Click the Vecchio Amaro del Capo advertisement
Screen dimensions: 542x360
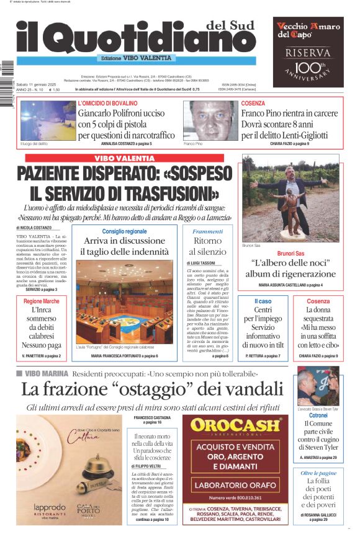(x=308, y=51)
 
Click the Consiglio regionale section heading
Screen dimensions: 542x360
(x=124, y=231)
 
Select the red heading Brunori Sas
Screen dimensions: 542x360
(x=290, y=254)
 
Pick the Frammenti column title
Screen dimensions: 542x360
(x=207, y=231)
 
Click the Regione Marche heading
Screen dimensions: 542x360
(x=42, y=301)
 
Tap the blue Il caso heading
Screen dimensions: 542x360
(x=263, y=301)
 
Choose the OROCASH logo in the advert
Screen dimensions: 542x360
(x=239, y=425)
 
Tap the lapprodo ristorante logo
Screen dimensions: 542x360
(x=48, y=509)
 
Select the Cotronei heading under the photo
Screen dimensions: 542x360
(x=318, y=415)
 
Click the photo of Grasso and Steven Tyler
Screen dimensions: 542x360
(x=318, y=386)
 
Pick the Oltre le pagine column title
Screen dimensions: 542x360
(x=318, y=473)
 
